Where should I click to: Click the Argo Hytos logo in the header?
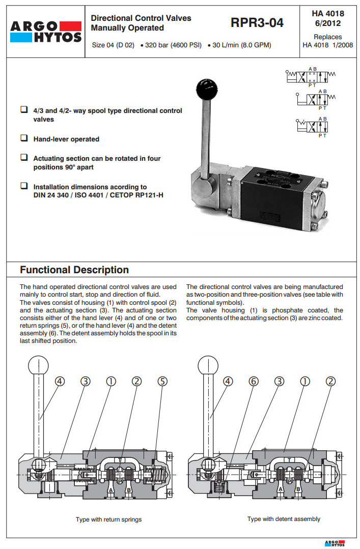click(45, 31)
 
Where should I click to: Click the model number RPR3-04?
click(257, 23)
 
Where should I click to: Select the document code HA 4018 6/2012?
click(327, 18)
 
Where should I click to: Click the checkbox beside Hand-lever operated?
click(23, 138)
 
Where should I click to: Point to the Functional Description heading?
click(74, 270)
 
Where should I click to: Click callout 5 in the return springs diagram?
click(162, 381)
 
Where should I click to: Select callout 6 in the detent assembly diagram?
click(253, 381)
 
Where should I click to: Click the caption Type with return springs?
click(108, 519)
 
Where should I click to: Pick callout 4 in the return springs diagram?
click(60, 381)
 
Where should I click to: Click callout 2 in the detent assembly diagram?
click(331, 381)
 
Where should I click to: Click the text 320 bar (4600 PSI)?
click(173, 45)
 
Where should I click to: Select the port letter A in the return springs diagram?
click(110, 489)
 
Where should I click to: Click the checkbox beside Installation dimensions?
click(23, 186)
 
